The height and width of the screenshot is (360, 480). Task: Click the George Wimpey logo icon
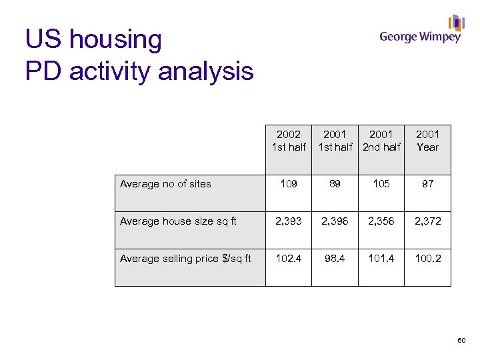[456, 23]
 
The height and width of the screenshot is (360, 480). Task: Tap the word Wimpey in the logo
[440, 38]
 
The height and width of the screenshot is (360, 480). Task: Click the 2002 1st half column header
[289, 141]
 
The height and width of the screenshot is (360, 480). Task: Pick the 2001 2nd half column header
[381, 141]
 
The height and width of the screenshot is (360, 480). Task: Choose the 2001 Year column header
[428, 141]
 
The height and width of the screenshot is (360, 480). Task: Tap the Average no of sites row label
[165, 184]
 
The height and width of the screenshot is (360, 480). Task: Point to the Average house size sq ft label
[178, 221]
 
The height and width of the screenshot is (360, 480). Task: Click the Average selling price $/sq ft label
[185, 259]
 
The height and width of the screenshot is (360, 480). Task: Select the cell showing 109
[289, 184]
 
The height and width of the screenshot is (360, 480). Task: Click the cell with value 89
[335, 184]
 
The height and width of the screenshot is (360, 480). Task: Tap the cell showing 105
[381, 184]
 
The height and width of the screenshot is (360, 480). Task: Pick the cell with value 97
[428, 184]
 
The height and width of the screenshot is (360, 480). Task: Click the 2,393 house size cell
[289, 221]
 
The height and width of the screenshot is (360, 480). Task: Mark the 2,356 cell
[381, 221]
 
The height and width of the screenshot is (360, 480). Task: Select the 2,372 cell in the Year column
[428, 221]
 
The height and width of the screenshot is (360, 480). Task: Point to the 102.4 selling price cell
[289, 259]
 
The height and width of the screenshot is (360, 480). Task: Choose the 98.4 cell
[335, 259]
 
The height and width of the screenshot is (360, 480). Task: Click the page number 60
[461, 341]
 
